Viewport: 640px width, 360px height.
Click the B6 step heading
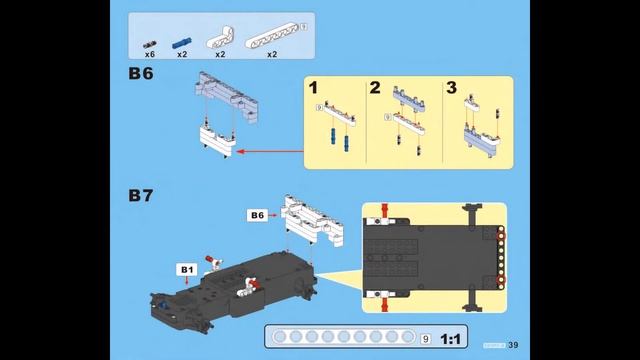[x=140, y=74]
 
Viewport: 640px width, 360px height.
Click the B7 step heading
[x=140, y=196]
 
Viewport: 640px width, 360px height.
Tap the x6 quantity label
[x=149, y=54]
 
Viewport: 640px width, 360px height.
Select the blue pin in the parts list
[x=181, y=44]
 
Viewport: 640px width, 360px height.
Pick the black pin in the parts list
[x=149, y=44]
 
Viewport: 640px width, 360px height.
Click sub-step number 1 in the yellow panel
[x=313, y=89]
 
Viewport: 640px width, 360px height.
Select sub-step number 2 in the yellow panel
[x=375, y=89]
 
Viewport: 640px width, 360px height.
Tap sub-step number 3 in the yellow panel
[x=451, y=89]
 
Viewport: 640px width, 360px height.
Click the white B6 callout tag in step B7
[x=257, y=215]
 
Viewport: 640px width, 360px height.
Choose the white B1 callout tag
[x=186, y=269]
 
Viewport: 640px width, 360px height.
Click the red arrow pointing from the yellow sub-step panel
[x=270, y=153]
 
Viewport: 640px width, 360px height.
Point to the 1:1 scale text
[x=451, y=338]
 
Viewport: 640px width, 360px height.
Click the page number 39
[x=512, y=345]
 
